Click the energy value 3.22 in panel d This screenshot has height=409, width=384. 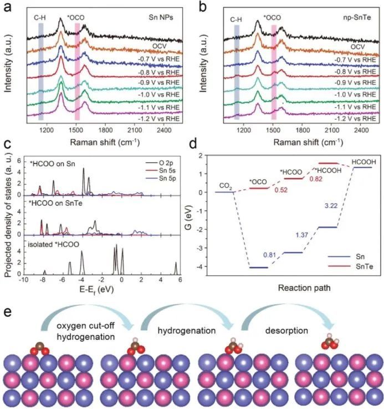pos(329,190)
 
